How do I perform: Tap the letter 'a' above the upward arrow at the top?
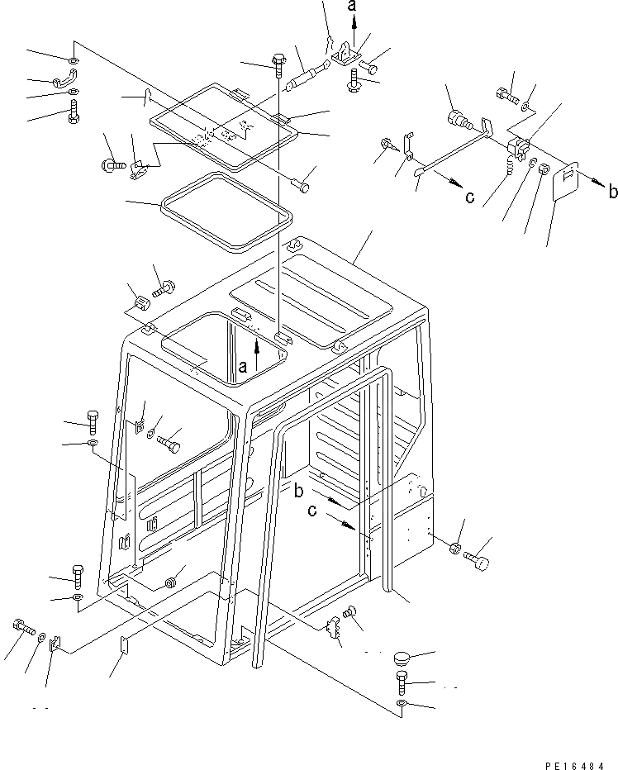353,7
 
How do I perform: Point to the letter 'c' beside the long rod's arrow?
469,196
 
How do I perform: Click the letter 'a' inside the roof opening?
241,364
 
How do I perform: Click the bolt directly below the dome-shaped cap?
402,682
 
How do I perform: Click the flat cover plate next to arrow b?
566,183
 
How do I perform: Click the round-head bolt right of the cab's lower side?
479,563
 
